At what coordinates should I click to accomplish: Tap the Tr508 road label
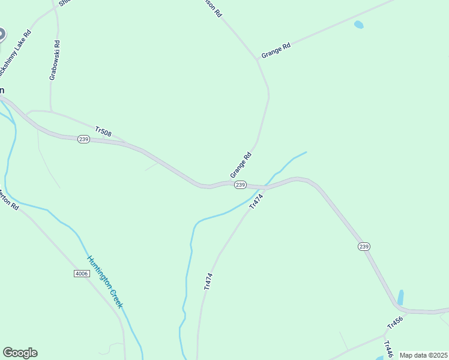[x=103, y=131]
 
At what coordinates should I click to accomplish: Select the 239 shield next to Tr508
[x=83, y=139]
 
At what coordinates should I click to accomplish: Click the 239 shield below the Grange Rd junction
[x=240, y=185]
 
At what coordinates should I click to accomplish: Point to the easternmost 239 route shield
[x=364, y=247]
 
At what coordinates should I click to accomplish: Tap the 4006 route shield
[x=82, y=274]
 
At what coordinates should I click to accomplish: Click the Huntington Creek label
[x=105, y=281]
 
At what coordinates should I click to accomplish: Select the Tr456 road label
[x=394, y=322]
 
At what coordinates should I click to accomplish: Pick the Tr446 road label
[x=388, y=349]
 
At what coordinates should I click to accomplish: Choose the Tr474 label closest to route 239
[x=256, y=200]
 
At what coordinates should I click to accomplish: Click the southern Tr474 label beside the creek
[x=208, y=281]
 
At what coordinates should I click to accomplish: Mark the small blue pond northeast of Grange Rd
[x=358, y=25]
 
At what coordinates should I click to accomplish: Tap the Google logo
[x=20, y=353]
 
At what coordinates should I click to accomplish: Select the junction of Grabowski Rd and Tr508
[x=51, y=112]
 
